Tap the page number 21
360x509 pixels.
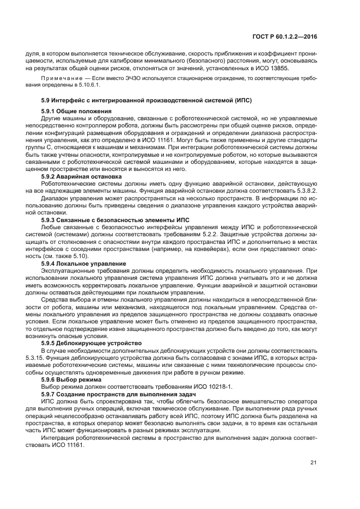[313, 463]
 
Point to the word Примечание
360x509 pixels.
[60, 79]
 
